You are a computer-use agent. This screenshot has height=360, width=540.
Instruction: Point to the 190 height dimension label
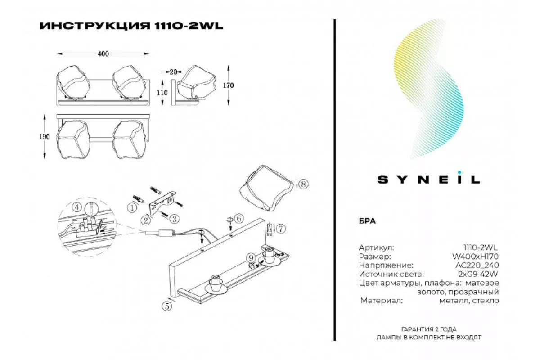pos(45,137)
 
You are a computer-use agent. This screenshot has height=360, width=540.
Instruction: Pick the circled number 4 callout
pos(78,207)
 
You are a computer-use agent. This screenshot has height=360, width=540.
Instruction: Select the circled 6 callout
pos(239,219)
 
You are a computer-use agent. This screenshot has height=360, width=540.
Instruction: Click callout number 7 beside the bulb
pos(281,229)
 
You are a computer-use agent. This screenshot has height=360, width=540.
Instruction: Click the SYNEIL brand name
pos(428,179)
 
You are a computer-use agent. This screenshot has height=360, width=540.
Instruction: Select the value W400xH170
pos(481,256)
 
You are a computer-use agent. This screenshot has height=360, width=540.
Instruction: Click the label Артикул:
pos(377,247)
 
